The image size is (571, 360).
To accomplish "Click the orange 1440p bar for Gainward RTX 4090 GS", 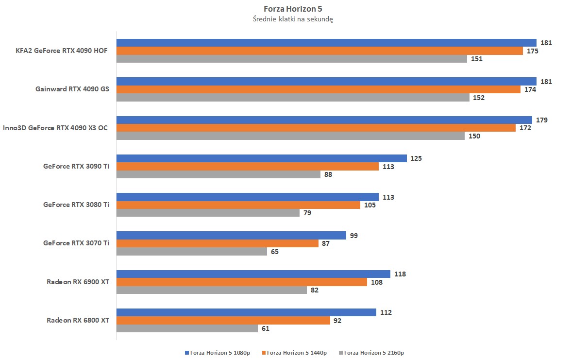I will [x=318, y=89].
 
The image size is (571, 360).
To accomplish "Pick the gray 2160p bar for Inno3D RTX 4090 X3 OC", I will [x=290, y=136].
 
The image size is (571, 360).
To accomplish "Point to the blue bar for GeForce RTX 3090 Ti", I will [x=261, y=158].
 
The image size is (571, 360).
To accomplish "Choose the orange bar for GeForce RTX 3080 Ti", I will [x=238, y=205].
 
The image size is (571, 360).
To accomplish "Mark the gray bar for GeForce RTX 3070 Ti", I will [x=191, y=252].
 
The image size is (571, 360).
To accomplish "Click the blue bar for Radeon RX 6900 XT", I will [x=253, y=274].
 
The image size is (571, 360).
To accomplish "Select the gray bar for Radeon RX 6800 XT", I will [x=187, y=328].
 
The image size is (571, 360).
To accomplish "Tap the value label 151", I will [x=476, y=59].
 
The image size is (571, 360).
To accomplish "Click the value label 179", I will [x=542, y=120].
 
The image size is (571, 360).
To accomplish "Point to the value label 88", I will [x=328, y=174].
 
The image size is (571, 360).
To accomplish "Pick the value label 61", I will [x=265, y=328].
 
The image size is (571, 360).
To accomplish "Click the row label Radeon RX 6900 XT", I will [x=78, y=282].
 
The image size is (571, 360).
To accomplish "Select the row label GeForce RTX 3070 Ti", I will [x=76, y=243].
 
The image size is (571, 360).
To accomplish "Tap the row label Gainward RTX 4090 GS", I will [x=72, y=89].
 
